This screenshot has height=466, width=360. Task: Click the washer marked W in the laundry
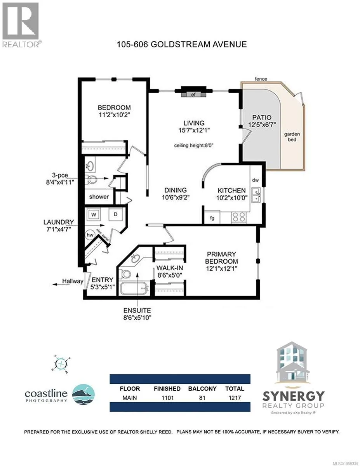tap(94, 214)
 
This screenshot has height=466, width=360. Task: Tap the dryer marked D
tap(116, 214)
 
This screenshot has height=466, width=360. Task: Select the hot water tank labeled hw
tap(90, 235)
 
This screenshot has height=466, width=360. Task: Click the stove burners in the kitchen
tap(239, 217)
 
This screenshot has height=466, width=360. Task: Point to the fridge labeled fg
tap(212, 217)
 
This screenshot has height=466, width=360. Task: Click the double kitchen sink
tap(256, 195)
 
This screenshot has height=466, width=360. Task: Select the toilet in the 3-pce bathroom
tap(91, 179)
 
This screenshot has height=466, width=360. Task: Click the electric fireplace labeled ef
tap(193, 94)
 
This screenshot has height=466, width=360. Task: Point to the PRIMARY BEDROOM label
tap(221, 257)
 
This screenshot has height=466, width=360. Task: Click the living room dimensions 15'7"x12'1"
tap(194, 130)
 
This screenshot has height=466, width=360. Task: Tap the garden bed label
tap(292, 137)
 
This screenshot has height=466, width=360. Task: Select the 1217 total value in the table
tap(235, 398)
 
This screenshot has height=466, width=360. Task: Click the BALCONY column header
tap(202, 389)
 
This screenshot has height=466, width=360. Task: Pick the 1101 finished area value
tap(167, 398)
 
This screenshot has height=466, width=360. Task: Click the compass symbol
tap(61, 363)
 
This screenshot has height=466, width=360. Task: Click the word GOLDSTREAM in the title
tap(180, 44)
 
